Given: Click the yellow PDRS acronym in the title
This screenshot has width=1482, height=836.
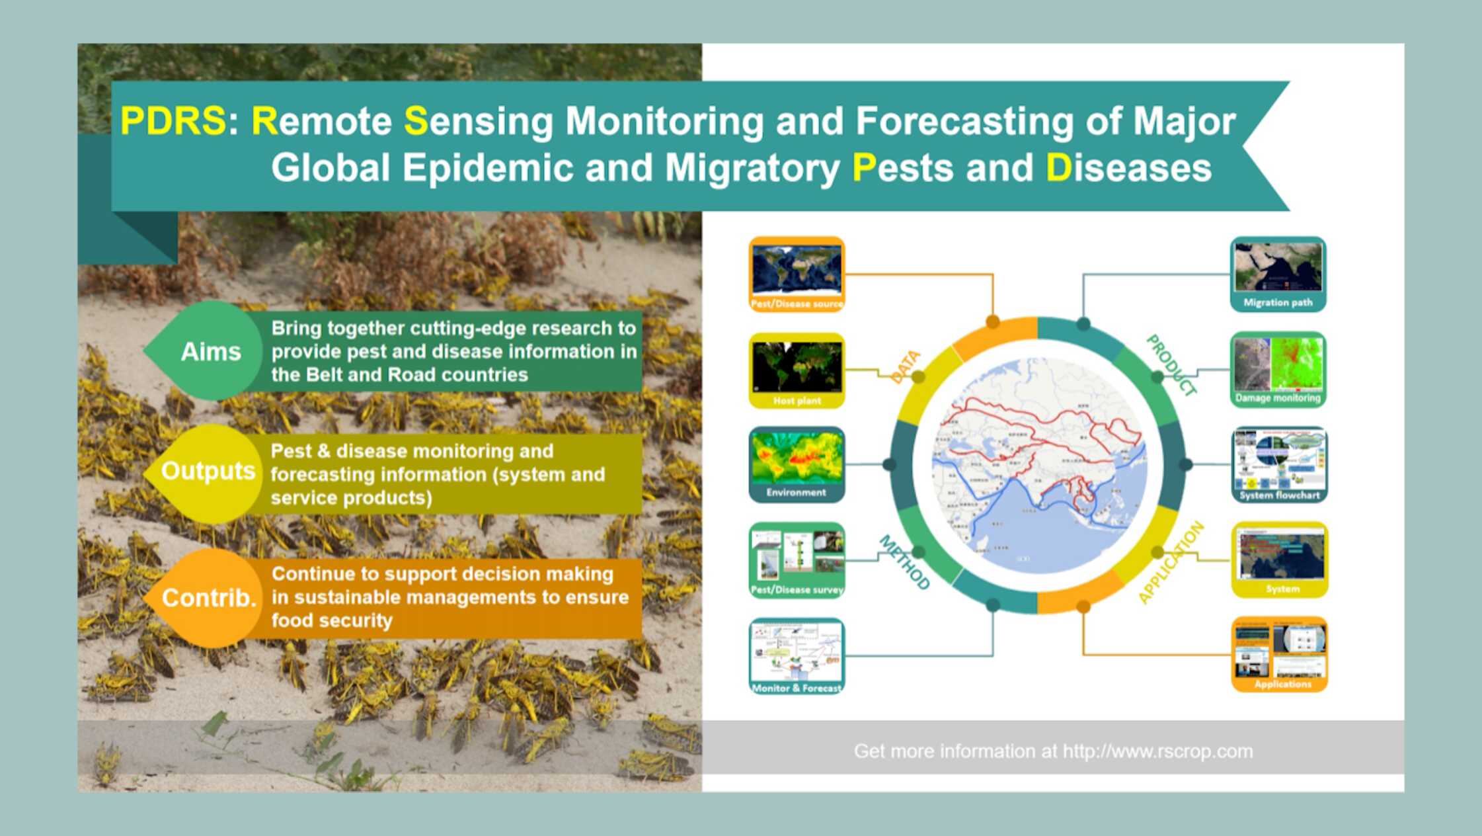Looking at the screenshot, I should coord(173,121).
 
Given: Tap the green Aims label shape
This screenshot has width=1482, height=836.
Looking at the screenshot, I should coord(210,351).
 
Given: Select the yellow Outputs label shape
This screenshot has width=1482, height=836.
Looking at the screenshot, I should coord(208,471).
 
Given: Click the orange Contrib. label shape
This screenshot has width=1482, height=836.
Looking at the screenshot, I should coord(208,598).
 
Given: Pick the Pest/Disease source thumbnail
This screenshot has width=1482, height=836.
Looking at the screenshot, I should coord(797,274).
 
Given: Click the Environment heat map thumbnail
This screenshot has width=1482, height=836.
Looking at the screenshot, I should coord(797,464).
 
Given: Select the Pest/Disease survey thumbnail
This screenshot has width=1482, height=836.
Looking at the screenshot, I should coord(797,560).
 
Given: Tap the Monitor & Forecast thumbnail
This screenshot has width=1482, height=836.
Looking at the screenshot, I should coord(797,655).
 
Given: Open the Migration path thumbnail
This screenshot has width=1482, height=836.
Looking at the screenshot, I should coord(1278,274).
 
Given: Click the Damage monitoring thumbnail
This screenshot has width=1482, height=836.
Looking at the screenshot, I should coord(1278,369).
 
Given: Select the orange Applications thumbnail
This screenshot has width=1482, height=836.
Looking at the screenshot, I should coord(1279,654).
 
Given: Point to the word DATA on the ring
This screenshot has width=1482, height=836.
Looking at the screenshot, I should coord(905,367).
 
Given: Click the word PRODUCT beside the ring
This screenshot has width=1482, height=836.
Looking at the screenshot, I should coord(1171,366).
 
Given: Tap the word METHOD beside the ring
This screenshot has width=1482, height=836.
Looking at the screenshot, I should coord(904,563).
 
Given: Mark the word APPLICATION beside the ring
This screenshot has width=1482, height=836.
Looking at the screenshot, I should coord(1171,563).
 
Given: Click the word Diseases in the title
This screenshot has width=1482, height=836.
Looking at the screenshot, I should coord(1128,167).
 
